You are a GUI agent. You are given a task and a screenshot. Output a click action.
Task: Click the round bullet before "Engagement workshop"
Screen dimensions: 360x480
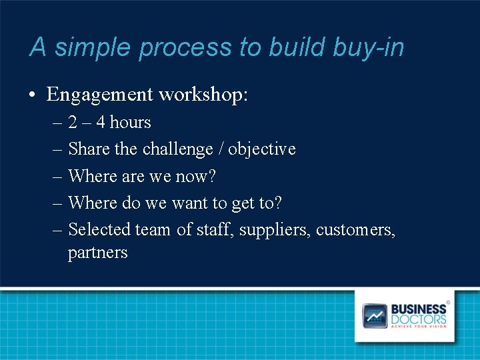[33, 95]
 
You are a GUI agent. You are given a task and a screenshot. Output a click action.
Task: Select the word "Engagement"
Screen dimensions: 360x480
[99, 95]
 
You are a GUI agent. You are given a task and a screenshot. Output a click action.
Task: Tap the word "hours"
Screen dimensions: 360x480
[130, 123]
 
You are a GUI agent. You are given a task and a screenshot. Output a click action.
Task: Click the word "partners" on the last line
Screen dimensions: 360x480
[97, 253]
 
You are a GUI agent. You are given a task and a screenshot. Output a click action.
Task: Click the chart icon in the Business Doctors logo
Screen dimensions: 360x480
[374, 315]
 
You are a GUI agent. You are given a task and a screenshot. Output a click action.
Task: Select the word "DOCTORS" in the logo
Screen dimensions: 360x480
[419, 319]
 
